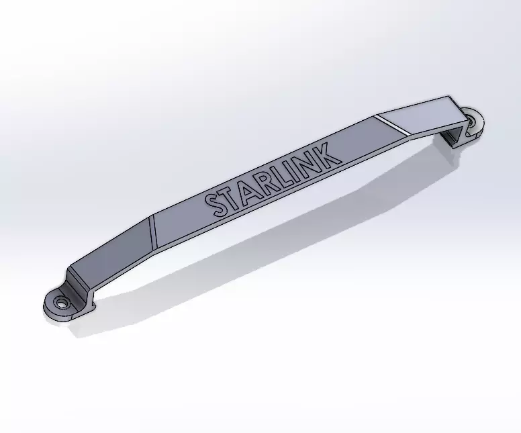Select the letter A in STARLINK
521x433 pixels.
point(251,189)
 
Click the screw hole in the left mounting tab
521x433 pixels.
point(62,303)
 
